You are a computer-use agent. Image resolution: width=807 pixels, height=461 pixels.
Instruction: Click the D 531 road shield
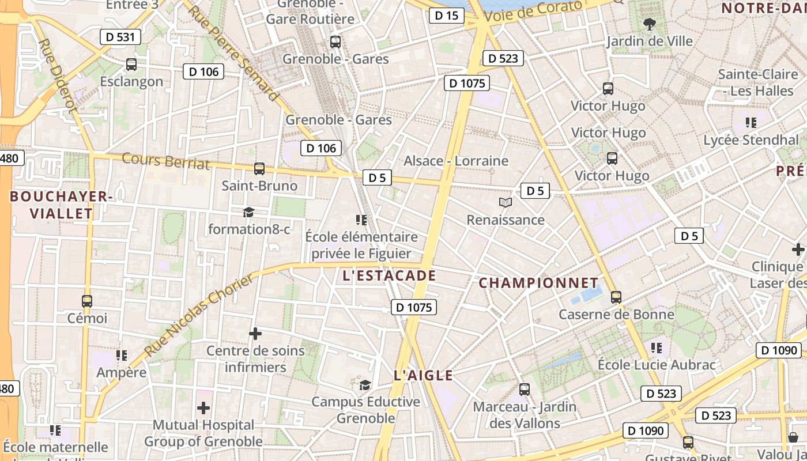[120, 37]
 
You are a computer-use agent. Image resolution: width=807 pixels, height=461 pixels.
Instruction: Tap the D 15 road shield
[446, 16]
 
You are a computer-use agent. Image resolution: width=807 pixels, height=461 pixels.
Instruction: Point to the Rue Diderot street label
[57, 75]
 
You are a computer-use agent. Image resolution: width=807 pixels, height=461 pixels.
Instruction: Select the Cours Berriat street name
[166, 161]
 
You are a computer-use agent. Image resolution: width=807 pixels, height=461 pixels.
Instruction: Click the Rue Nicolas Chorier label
[198, 315]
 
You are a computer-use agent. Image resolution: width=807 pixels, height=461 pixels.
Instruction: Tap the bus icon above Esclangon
[131, 65]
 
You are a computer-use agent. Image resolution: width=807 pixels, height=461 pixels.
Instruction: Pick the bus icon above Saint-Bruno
[259, 169]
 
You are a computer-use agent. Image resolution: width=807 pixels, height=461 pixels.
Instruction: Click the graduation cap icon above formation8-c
[248, 212]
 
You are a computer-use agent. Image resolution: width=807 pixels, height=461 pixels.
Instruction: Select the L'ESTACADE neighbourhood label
[389, 275]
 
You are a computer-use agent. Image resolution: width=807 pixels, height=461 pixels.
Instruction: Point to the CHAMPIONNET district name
[538, 283]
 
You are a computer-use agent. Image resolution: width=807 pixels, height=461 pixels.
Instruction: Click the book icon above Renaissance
[506, 203]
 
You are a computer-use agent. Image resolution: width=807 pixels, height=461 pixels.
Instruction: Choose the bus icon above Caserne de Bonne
[616, 297]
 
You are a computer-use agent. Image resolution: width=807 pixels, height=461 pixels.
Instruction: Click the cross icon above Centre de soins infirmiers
[255, 334]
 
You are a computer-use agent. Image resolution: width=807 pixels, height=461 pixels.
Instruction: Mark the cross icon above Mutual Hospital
[203, 408]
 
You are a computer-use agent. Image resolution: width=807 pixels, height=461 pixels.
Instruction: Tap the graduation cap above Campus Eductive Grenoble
[365, 384]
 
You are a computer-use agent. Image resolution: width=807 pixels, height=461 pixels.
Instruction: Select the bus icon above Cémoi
[87, 301]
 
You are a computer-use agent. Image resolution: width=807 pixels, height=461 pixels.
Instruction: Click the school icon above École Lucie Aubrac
[656, 347]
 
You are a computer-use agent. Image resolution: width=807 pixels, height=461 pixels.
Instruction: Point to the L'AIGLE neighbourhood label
[423, 376]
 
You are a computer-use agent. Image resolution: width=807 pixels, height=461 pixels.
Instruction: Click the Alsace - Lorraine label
[456, 161]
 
